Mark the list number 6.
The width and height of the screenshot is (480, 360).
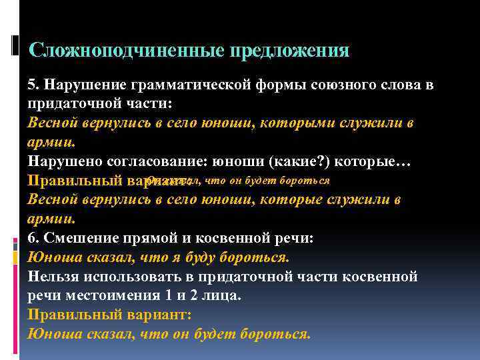click(x=31, y=238)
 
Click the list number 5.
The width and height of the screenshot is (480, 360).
click(x=31, y=86)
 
